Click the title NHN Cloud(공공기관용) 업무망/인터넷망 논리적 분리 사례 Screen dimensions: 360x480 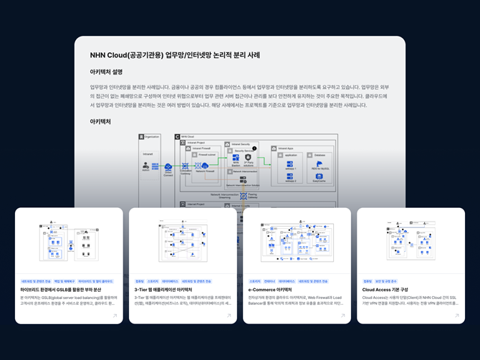click(x=175, y=55)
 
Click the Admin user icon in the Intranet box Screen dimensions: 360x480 click(x=145, y=166)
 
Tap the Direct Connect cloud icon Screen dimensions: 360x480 click(x=168, y=167)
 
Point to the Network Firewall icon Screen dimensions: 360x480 click(x=205, y=166)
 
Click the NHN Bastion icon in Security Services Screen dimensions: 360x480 click(x=236, y=158)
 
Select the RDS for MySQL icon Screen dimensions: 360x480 click(x=320, y=164)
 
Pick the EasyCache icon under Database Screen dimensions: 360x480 click(x=320, y=177)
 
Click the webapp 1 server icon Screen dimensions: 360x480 click(x=290, y=164)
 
